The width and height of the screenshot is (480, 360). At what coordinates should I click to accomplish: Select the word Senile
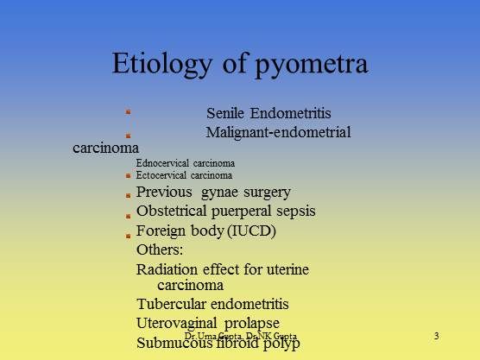tap(226, 113)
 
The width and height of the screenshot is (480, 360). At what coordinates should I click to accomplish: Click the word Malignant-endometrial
tap(278, 132)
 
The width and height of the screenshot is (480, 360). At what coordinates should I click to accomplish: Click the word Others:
tap(160, 250)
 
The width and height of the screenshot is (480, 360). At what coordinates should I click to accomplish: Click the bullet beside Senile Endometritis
tap(128, 112)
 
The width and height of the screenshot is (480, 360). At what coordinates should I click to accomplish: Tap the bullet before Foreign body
tap(128, 233)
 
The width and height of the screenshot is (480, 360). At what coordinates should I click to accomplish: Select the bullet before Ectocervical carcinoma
tap(128, 175)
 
